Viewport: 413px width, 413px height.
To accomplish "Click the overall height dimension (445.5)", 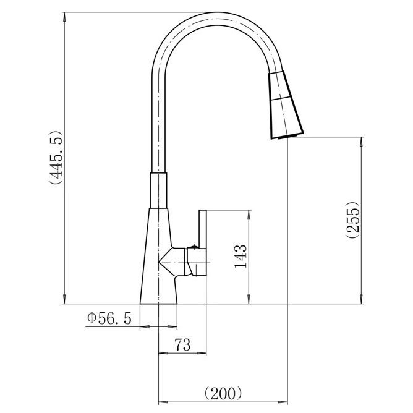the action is [x=56, y=157].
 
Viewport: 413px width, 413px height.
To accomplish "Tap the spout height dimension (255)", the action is [x=352, y=220].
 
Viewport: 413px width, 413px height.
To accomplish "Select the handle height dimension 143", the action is [x=241, y=257].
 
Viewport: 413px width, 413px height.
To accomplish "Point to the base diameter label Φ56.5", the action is [x=109, y=318].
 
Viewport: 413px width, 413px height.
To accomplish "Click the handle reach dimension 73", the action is [x=182, y=344].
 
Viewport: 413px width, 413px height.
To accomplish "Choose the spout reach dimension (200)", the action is [x=223, y=393].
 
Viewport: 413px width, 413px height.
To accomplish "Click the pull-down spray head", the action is [x=286, y=105].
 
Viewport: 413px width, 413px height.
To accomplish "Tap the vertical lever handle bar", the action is [x=203, y=229].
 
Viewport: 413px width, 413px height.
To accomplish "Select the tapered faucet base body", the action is [x=158, y=256].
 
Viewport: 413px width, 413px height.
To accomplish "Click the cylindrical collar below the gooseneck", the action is [x=158, y=190].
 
